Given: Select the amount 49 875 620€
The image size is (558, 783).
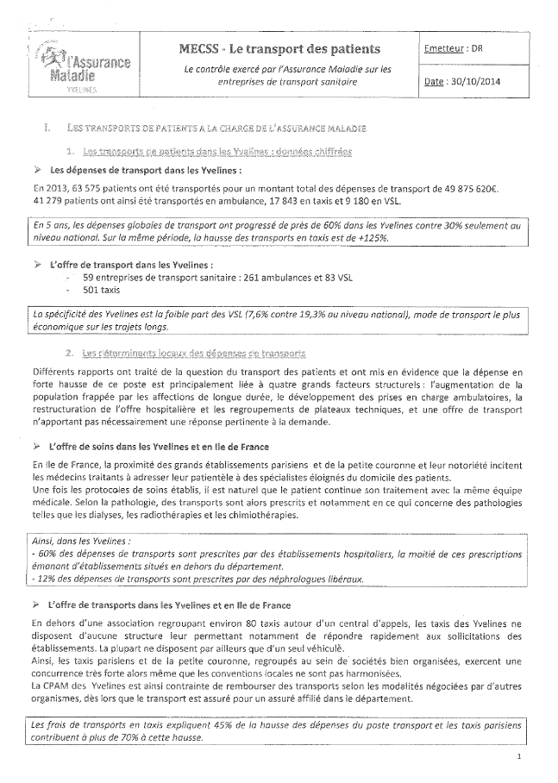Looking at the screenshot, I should pos(486,186).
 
